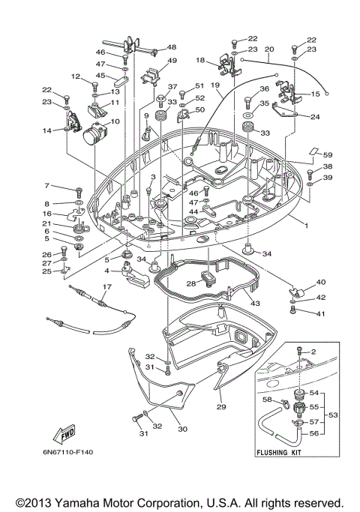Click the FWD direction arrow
(62, 433)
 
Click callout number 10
(115, 121)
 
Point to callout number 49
(172, 61)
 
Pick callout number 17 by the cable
(106, 286)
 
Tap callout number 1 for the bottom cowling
(307, 225)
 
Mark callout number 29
(220, 406)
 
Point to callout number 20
(270, 49)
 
